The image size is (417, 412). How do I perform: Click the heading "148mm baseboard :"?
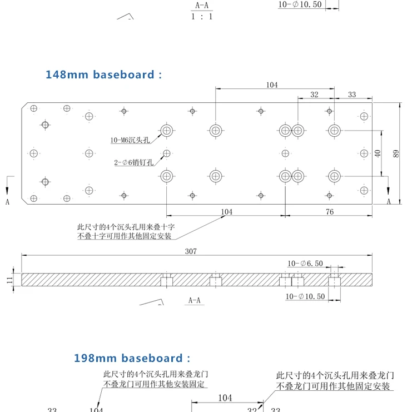point(104,75)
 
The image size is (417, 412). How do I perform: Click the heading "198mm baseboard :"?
point(132,358)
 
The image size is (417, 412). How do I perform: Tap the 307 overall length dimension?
point(191,251)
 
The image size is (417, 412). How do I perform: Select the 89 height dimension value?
point(396,153)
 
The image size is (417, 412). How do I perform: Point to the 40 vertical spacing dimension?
point(378,153)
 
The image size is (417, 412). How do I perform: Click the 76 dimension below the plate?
point(330,212)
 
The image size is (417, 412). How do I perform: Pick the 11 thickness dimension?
point(9,280)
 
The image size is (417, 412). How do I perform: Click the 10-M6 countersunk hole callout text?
point(130,140)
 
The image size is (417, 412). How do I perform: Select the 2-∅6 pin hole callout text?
point(134,162)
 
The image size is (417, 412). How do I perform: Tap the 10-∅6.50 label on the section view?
point(305,264)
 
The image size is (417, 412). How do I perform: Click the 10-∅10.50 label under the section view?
point(305,296)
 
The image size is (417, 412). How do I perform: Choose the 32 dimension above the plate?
point(314,95)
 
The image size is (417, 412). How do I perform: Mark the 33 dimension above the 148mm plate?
point(352,95)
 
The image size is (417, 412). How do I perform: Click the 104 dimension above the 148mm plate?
point(272,85)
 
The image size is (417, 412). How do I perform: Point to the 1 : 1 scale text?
point(202,17)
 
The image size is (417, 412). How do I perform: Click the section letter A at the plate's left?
point(7,202)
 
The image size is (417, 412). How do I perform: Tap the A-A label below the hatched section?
point(195,301)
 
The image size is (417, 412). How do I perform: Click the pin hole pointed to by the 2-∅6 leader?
point(167,153)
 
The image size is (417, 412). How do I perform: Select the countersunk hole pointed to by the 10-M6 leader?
point(167,131)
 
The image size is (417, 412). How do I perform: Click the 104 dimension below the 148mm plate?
point(227,212)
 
